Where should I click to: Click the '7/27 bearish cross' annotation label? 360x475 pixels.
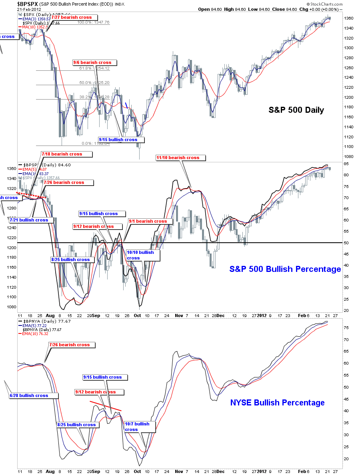[72, 18]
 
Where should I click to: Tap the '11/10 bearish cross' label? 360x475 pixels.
[180, 158]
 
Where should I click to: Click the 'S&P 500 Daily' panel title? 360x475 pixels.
[296, 110]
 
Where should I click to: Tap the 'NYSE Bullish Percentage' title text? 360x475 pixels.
[277, 403]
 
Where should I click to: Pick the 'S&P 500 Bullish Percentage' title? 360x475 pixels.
[285, 269]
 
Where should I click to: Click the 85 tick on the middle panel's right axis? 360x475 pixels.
[346, 164]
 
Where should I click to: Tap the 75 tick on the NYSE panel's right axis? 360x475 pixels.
[346, 327]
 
